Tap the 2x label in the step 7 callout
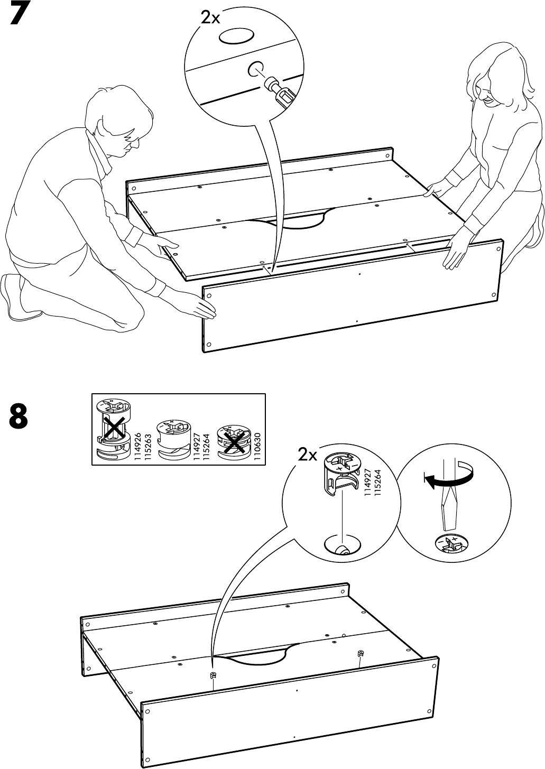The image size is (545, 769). click(x=210, y=18)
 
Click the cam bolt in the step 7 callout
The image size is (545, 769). click(x=279, y=91)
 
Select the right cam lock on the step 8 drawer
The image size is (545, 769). click(x=361, y=653)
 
